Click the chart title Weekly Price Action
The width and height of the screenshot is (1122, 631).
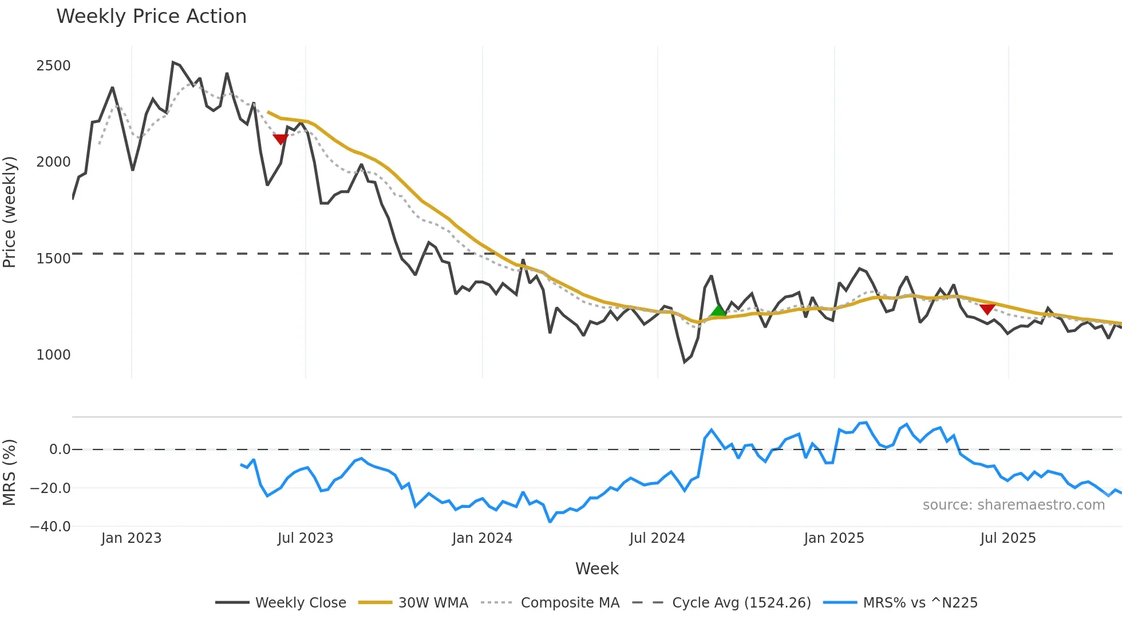(x=151, y=17)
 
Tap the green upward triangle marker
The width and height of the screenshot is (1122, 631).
(x=718, y=311)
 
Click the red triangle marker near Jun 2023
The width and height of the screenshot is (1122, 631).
(x=280, y=139)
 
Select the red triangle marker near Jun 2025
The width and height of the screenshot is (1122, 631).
(x=987, y=309)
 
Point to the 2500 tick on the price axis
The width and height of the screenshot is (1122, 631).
(x=53, y=66)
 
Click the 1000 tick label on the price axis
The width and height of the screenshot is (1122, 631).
(x=53, y=355)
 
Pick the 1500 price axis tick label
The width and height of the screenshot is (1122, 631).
(x=53, y=259)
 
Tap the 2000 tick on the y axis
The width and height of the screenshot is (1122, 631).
(x=53, y=162)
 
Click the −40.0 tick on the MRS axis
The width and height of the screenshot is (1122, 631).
(x=50, y=527)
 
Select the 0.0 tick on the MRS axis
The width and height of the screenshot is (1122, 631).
(x=60, y=449)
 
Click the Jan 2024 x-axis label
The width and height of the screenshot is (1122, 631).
(x=482, y=538)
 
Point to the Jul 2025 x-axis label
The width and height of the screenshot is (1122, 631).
(x=1008, y=538)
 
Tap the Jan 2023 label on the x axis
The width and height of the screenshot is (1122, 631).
(x=131, y=538)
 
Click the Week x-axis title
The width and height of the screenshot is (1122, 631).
(x=596, y=569)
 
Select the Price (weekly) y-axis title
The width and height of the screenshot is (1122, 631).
(x=10, y=212)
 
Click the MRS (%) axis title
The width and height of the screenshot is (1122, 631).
(x=10, y=472)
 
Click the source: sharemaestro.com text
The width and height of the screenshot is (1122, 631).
(x=1013, y=505)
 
